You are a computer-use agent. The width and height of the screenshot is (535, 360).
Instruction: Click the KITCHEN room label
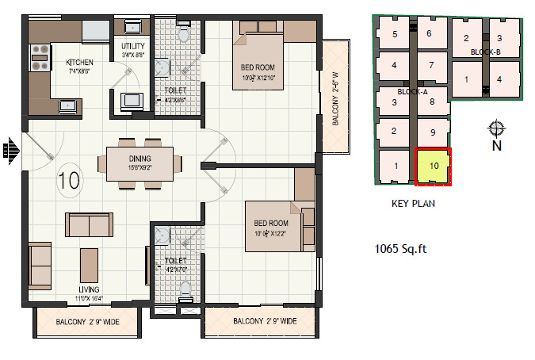coord(79,62)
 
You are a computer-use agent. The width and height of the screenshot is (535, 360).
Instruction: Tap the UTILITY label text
coord(132,46)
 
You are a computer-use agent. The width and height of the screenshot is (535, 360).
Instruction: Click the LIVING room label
coord(89,289)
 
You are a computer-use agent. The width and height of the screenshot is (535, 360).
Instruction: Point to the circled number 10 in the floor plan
coord(69,178)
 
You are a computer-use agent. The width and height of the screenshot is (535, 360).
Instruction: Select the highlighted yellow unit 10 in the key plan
coord(434,166)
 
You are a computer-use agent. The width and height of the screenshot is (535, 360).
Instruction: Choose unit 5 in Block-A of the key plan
coord(394,33)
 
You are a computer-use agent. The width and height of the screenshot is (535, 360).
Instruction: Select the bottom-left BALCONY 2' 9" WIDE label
coord(88,322)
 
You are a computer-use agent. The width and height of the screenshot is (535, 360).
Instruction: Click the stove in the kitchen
coord(39,54)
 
